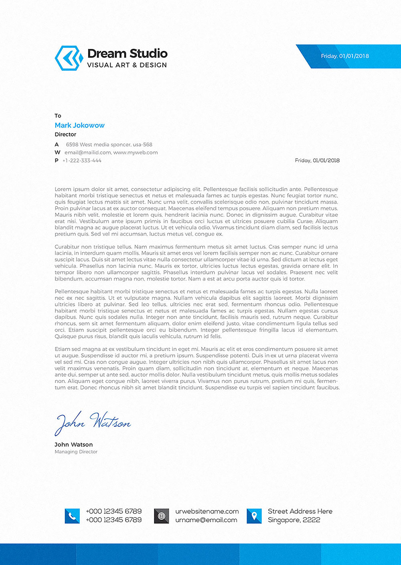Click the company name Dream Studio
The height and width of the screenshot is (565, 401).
pyautogui.click(x=127, y=53)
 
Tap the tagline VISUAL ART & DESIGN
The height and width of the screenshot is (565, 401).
pyautogui.click(x=127, y=65)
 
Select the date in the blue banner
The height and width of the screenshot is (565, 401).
pyautogui.click(x=345, y=56)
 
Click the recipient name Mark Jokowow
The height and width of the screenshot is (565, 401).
pyautogui.click(x=79, y=125)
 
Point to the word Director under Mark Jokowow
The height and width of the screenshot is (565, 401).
pyautogui.click(x=65, y=135)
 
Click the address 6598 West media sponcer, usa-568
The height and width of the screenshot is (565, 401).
pyautogui.click(x=109, y=145)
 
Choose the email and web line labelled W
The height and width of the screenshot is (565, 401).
pyautogui.click(x=111, y=153)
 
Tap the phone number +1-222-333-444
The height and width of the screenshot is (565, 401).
pyautogui.click(x=82, y=161)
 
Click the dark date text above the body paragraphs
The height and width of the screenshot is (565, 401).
pyautogui.click(x=317, y=161)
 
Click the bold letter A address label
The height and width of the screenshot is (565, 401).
pyautogui.click(x=57, y=145)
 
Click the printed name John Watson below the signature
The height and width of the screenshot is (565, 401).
pyautogui.click(x=74, y=445)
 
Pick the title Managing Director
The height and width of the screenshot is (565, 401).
pyautogui.click(x=76, y=452)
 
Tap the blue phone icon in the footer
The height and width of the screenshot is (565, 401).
pyautogui.click(x=72, y=516)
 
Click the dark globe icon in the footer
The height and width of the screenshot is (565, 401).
pyautogui.click(x=162, y=516)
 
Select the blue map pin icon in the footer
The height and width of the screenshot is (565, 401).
pyautogui.click(x=254, y=516)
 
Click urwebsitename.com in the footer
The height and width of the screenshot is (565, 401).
pyautogui.click(x=207, y=512)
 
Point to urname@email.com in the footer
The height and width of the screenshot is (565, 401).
pyautogui.click(x=206, y=520)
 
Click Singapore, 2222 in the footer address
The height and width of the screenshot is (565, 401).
pyautogui.click(x=294, y=520)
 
